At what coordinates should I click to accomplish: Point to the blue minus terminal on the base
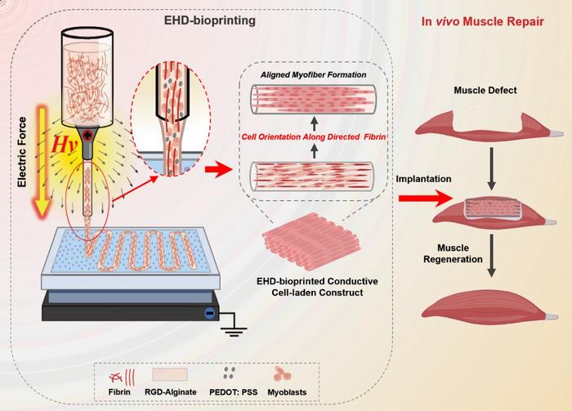click(x=210, y=312)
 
